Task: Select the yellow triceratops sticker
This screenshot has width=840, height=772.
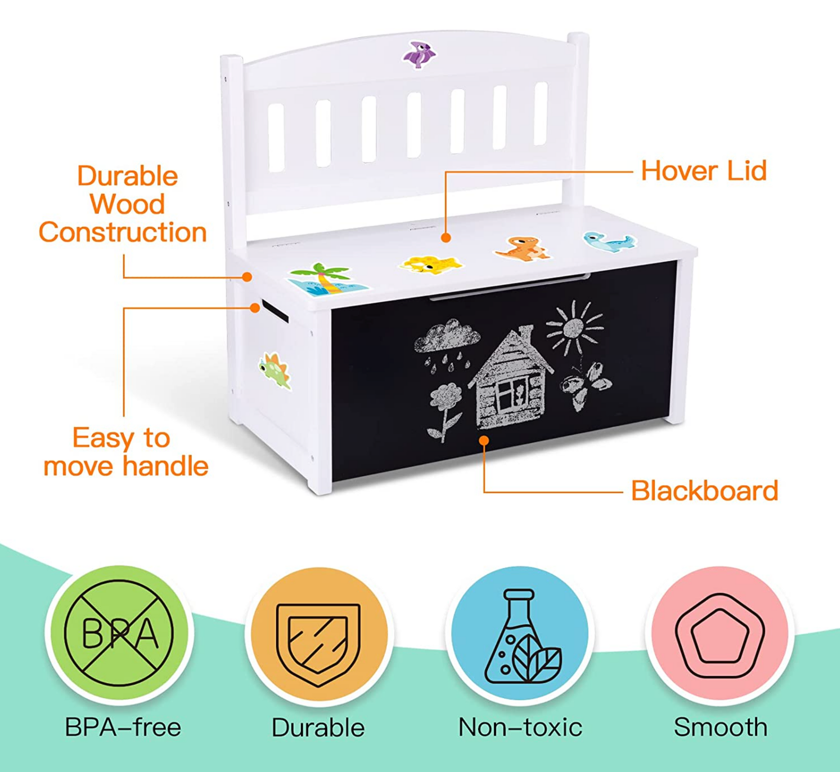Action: click(430, 264)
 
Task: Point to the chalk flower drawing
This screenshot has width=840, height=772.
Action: click(445, 408)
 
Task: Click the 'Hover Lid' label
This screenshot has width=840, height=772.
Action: click(704, 171)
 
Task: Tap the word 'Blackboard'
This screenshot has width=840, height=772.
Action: click(704, 491)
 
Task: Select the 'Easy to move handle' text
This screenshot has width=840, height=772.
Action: click(126, 452)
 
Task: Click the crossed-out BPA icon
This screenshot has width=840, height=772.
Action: click(119, 633)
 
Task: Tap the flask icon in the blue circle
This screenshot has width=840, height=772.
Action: click(520, 637)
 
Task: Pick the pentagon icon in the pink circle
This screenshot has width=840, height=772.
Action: click(720, 636)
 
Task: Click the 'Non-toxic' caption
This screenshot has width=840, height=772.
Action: click(520, 727)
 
